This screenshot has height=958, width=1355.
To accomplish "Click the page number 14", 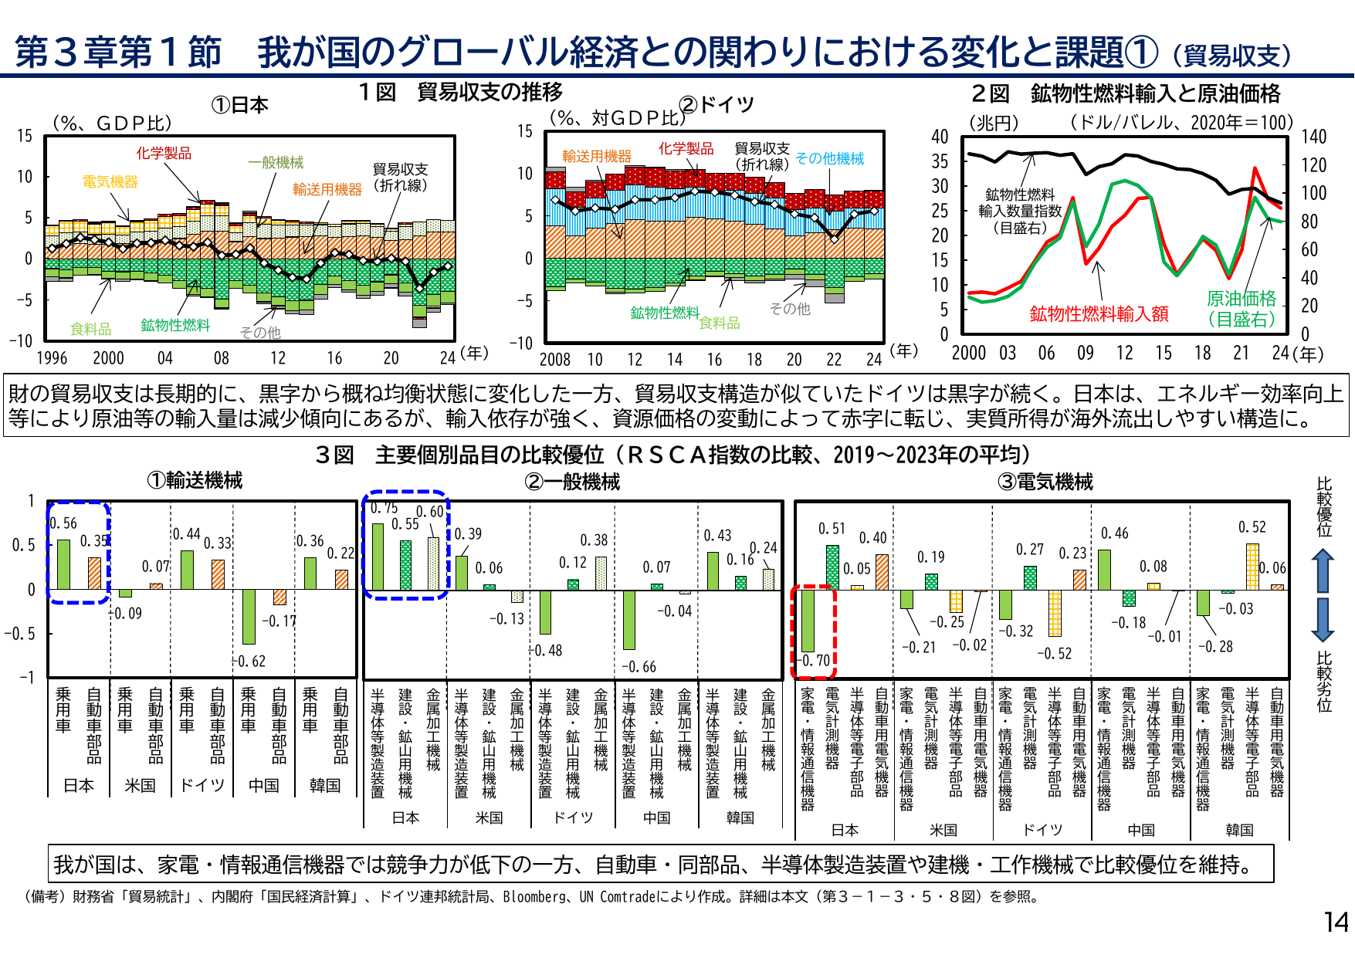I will (x=1336, y=922).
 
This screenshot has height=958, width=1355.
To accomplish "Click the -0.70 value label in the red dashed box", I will (x=815, y=661).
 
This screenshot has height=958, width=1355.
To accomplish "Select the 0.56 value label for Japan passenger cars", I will (x=63, y=523).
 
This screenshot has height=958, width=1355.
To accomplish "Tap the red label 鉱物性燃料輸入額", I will (x=1099, y=314).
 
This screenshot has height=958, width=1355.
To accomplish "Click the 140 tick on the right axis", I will (x=1313, y=137).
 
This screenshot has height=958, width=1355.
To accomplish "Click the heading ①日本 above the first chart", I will (x=239, y=105).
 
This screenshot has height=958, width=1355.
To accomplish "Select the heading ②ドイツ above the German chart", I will (x=716, y=104).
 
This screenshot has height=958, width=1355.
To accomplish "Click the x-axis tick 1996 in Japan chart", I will (x=52, y=358).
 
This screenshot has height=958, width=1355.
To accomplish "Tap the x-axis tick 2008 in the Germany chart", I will (x=554, y=360).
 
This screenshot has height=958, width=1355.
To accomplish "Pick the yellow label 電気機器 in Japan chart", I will (x=110, y=182).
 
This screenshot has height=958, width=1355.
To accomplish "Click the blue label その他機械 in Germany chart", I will (x=829, y=158).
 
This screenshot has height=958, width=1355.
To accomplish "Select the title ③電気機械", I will (x=1045, y=482).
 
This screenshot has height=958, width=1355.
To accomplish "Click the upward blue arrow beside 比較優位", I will (x=1323, y=570).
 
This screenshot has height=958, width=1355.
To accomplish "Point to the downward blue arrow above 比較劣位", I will (x=1323, y=620).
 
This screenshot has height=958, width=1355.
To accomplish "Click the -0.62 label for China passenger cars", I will (x=249, y=662).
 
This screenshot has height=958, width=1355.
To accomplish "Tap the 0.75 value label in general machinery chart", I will (x=384, y=508).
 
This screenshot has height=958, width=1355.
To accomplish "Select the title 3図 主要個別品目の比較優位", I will (x=672, y=455).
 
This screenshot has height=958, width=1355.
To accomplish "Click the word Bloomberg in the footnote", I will (x=534, y=897).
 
